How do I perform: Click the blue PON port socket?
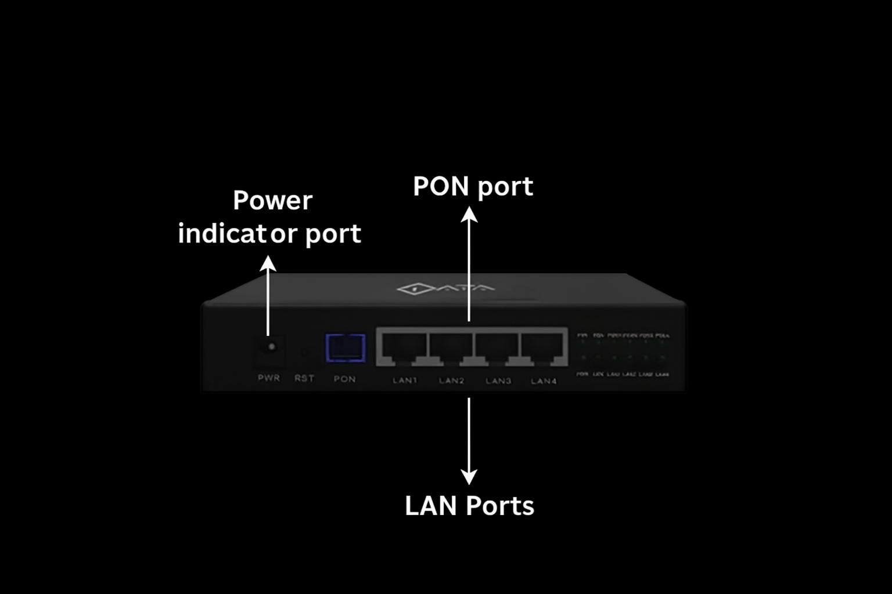pyautogui.click(x=346, y=347)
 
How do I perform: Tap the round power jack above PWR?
pyautogui.click(x=271, y=347)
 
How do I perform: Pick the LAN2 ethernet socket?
pyautogui.click(x=451, y=347)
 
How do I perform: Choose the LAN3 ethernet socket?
pyautogui.click(x=497, y=347)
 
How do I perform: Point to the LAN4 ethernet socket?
pyautogui.click(x=543, y=347)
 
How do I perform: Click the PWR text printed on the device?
pyautogui.click(x=269, y=378)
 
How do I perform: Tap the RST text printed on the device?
pyautogui.click(x=304, y=378)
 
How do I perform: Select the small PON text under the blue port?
pyautogui.click(x=344, y=379)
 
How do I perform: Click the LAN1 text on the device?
pyautogui.click(x=405, y=381)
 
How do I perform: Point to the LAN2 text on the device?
pyautogui.click(x=451, y=381)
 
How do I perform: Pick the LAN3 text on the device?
pyautogui.click(x=498, y=381)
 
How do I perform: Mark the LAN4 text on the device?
pyautogui.click(x=544, y=381)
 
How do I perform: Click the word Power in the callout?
pyautogui.click(x=272, y=201)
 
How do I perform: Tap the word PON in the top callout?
pyautogui.click(x=441, y=186)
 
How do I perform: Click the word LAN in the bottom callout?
pyautogui.click(x=430, y=506)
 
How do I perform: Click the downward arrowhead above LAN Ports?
pyautogui.click(x=469, y=477)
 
